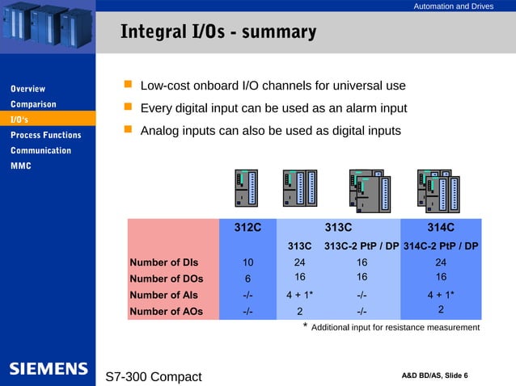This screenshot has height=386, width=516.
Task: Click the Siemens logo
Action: tap(48, 369)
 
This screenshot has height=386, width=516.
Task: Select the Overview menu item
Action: tap(27, 89)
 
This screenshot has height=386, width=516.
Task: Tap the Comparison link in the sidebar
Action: tap(33, 104)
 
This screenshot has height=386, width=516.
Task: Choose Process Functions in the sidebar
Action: tap(45, 135)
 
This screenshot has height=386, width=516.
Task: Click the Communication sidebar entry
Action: tap(40, 150)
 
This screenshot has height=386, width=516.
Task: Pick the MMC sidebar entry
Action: tap(20, 166)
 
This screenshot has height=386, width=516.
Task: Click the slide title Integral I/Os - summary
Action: tap(218, 32)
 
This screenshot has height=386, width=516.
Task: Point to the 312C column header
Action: tap(247, 228)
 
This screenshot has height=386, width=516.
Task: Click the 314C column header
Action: tap(441, 228)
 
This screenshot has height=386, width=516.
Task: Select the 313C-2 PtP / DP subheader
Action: tap(362, 245)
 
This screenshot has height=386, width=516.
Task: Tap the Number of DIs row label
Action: tap(163, 262)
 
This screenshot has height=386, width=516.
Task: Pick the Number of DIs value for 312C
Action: tap(247, 262)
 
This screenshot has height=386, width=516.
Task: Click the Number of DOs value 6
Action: tap(247, 279)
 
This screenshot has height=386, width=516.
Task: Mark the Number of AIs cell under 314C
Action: tap(441, 295)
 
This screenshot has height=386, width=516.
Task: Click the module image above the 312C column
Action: tap(246, 188)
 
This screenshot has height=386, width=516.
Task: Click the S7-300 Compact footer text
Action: tap(154, 376)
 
